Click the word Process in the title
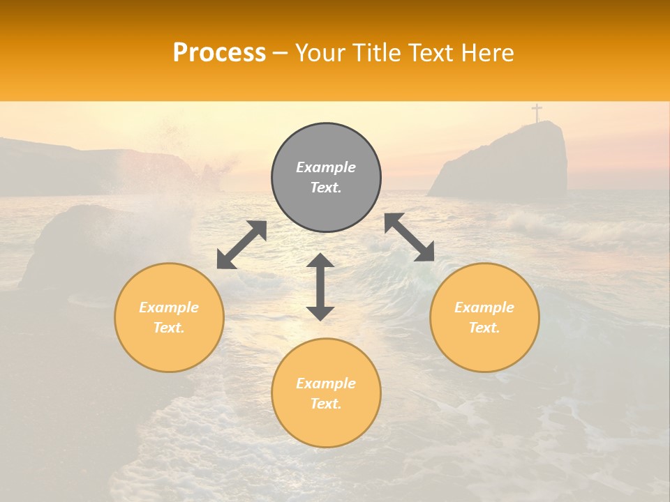pyautogui.click(x=219, y=53)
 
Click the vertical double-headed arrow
pyautogui.click(x=320, y=287)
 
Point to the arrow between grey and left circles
pyautogui.click(x=241, y=245)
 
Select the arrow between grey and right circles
pyautogui.click(x=409, y=237)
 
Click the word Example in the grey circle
pyautogui.click(x=326, y=167)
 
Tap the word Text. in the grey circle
pyautogui.click(x=326, y=188)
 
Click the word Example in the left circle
pyautogui.click(x=169, y=307)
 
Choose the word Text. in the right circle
pyautogui.click(x=484, y=328)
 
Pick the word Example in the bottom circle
pyautogui.click(x=326, y=383)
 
